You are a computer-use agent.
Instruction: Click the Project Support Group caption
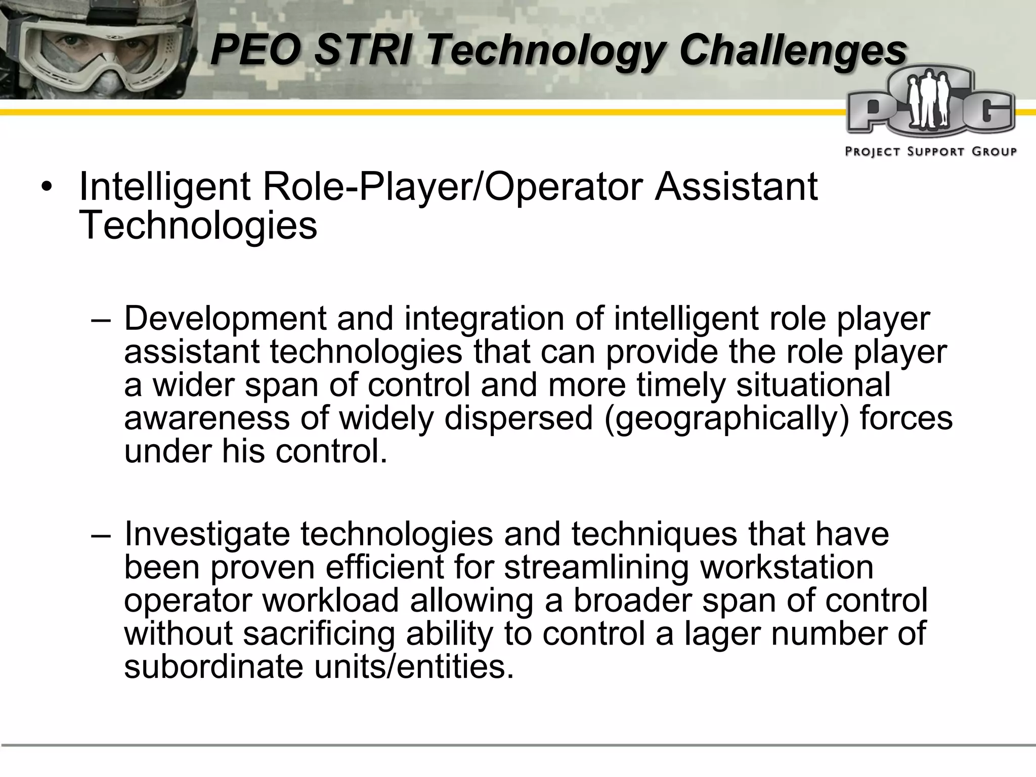(931, 152)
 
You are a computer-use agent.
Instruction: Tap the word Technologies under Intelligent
(198, 225)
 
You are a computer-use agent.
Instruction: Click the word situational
(813, 385)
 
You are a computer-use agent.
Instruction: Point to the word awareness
(207, 418)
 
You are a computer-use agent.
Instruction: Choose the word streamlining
(596, 568)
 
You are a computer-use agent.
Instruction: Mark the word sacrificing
(318, 633)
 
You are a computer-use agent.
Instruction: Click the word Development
(226, 319)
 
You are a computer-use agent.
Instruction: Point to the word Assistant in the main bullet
(736, 187)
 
